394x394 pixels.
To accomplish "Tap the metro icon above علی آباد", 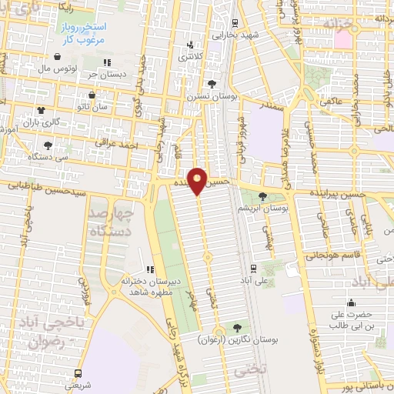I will pos(253,268).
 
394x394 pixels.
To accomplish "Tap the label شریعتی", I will pos(74,383).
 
